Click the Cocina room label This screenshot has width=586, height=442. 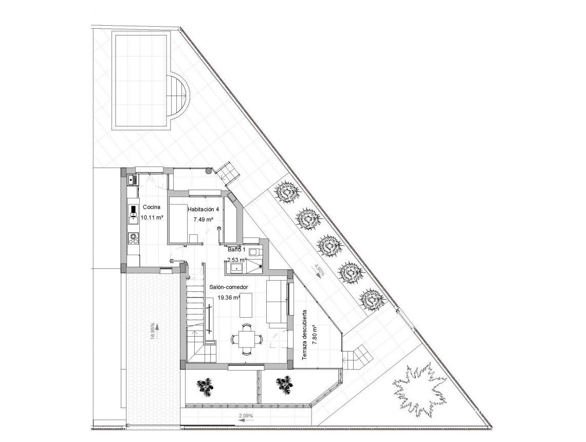click(x=152, y=207)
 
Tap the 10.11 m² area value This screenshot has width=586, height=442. click(x=152, y=217)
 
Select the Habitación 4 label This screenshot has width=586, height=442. click(x=203, y=210)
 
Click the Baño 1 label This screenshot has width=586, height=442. click(x=237, y=250)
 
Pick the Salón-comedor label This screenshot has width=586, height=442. click(x=229, y=287)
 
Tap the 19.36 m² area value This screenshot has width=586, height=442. click(x=229, y=298)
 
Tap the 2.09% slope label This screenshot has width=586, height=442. click(x=246, y=415)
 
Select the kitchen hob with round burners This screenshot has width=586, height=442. click(x=134, y=238)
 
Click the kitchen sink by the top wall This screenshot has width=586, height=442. click(x=132, y=179)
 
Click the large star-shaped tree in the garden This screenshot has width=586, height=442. click(x=419, y=389)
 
